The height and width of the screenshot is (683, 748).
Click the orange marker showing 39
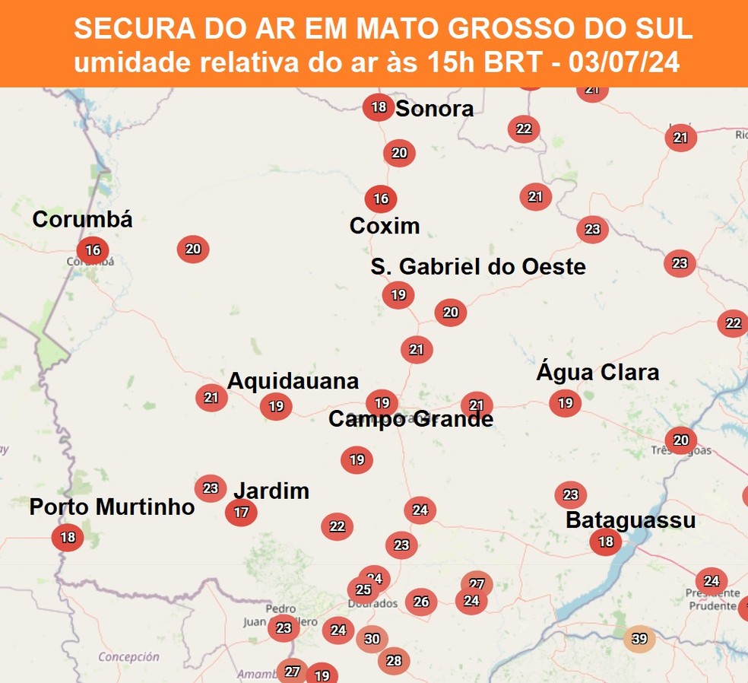point(639,639)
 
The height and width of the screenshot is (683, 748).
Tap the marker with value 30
point(372,639)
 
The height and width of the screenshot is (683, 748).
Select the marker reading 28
point(394,661)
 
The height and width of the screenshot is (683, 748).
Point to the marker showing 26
point(421,602)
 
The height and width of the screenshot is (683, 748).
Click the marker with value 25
point(363,589)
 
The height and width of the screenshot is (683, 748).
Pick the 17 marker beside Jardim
point(241,513)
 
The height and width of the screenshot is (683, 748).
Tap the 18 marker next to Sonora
point(379,107)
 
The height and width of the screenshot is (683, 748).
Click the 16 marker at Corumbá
point(93,249)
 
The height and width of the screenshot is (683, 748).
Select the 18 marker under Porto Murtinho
point(68,538)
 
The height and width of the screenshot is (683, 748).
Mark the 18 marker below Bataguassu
point(606,542)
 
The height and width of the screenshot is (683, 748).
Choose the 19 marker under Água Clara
point(565,403)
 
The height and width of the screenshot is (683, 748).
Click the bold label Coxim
point(385,226)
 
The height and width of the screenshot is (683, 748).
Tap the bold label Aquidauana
point(293,381)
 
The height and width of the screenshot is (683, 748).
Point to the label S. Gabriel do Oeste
point(478,267)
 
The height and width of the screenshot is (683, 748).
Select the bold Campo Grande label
point(410,419)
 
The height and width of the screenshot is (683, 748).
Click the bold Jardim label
point(271,491)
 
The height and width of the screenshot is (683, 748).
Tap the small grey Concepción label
point(128,656)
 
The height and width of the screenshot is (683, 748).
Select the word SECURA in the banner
point(125,29)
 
